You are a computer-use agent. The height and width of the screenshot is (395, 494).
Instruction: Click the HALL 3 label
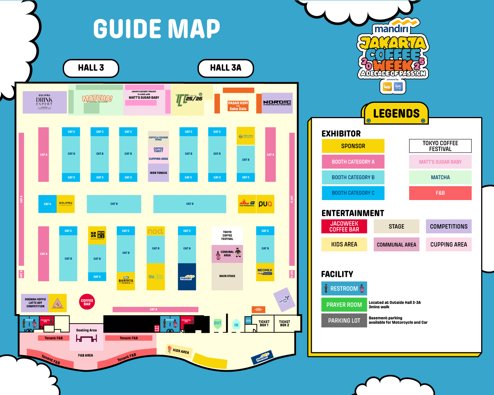pyautogui.click(x=91, y=68)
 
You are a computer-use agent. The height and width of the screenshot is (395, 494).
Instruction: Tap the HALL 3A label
pyautogui.click(x=225, y=68)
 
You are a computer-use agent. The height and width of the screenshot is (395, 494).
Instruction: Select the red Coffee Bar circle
pyautogui.click(x=87, y=302)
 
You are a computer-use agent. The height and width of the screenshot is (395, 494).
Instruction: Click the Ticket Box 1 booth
pyautogui.click(x=264, y=324)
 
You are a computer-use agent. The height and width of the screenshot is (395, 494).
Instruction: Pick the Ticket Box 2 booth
pyautogui.click(x=284, y=324)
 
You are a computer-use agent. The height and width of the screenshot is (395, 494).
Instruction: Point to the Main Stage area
pyautogui.click(x=227, y=276)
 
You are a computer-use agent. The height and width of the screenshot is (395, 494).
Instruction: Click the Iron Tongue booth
pyautogui.click(x=158, y=173)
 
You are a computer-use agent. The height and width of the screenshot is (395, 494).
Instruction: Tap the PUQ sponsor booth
pyautogui.click(x=265, y=204)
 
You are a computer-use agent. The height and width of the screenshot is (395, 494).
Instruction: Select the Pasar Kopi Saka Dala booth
pyautogui.click(x=238, y=106)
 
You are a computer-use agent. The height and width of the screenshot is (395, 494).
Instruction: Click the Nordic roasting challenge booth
pyautogui.click(x=277, y=103)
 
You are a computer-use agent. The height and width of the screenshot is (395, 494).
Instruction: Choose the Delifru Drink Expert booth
pyautogui.click(x=44, y=102)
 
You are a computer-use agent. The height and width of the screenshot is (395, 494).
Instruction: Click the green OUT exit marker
pyautogui.click(x=218, y=323)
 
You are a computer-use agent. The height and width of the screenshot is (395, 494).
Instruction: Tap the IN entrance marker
pyautogui.click(x=236, y=325)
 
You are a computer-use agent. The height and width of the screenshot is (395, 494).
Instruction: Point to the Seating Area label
pyautogui.click(x=86, y=330)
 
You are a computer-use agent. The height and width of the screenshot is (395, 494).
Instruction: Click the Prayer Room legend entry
pyautogui.click(x=344, y=305)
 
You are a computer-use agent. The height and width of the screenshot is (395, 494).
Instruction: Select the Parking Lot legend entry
pyautogui.click(x=344, y=320)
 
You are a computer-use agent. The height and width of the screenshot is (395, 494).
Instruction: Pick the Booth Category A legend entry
pyautogui.click(x=353, y=162)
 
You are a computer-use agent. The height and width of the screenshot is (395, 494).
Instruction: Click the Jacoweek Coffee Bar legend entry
pyautogui.click(x=344, y=226)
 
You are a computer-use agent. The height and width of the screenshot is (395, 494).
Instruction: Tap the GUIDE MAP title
pyautogui.click(x=157, y=29)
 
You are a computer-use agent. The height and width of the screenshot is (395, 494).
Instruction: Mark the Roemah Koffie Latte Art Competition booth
pyautogui.click(x=35, y=303)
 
